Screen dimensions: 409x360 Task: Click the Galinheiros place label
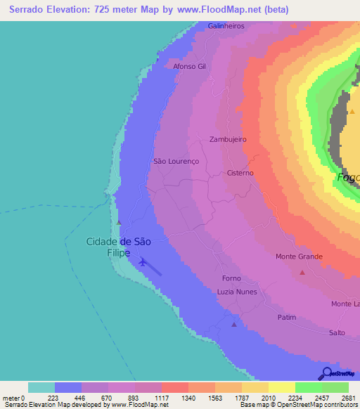(x=226, y=25)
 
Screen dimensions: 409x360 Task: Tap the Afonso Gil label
(x=190, y=66)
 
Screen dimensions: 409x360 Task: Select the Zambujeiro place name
(x=228, y=139)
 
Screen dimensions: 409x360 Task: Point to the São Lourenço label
(x=176, y=161)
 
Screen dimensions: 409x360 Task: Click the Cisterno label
(x=240, y=172)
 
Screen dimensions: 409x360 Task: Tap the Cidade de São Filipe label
(x=118, y=246)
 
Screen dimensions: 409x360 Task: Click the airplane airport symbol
(x=143, y=262)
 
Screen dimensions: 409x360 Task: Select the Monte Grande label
(x=299, y=257)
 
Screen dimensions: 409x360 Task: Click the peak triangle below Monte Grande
(x=302, y=272)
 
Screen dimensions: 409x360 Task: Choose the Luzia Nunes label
(x=237, y=292)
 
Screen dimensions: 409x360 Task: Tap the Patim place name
(x=286, y=317)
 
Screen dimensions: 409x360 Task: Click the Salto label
(x=337, y=332)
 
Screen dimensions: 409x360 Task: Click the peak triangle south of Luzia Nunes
(x=234, y=324)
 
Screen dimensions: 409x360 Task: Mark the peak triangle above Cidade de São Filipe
(x=119, y=223)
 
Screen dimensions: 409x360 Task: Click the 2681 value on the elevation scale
(x=348, y=398)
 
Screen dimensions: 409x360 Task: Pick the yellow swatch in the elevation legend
(x=281, y=387)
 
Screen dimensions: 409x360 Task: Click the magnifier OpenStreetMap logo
(x=326, y=373)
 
